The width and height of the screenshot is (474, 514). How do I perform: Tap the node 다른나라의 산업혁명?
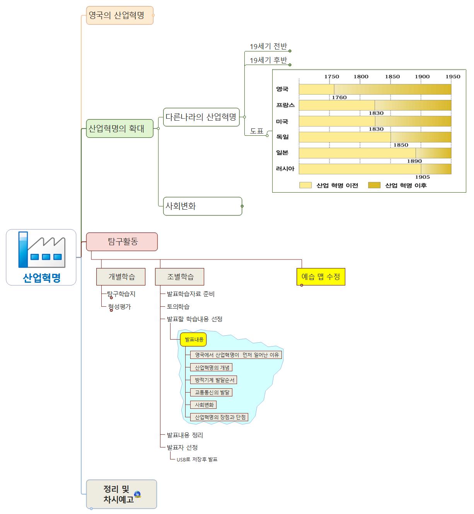click(201, 117)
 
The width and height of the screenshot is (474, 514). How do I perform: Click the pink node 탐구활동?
click(122, 242)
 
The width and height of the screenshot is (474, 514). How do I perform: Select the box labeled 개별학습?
click(121, 277)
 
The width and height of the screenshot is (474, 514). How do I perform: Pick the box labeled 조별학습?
click(180, 277)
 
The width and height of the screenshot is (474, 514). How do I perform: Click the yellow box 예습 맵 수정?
click(321, 277)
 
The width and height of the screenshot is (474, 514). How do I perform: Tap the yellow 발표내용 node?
click(194, 340)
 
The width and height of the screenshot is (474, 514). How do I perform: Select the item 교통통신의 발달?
click(212, 392)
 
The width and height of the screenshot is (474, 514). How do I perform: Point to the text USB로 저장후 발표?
click(197, 459)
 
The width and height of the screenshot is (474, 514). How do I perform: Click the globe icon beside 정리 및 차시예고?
click(137, 494)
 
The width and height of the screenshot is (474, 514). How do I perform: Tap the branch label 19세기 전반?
click(268, 47)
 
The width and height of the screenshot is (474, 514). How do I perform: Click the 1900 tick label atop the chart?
click(422, 77)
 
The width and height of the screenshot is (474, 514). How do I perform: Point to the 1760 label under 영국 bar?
click(339, 97)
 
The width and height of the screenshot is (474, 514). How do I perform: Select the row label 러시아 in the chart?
click(285, 169)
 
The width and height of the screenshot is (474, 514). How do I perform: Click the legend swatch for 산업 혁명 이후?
click(374, 185)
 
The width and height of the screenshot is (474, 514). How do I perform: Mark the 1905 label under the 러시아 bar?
click(422, 177)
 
